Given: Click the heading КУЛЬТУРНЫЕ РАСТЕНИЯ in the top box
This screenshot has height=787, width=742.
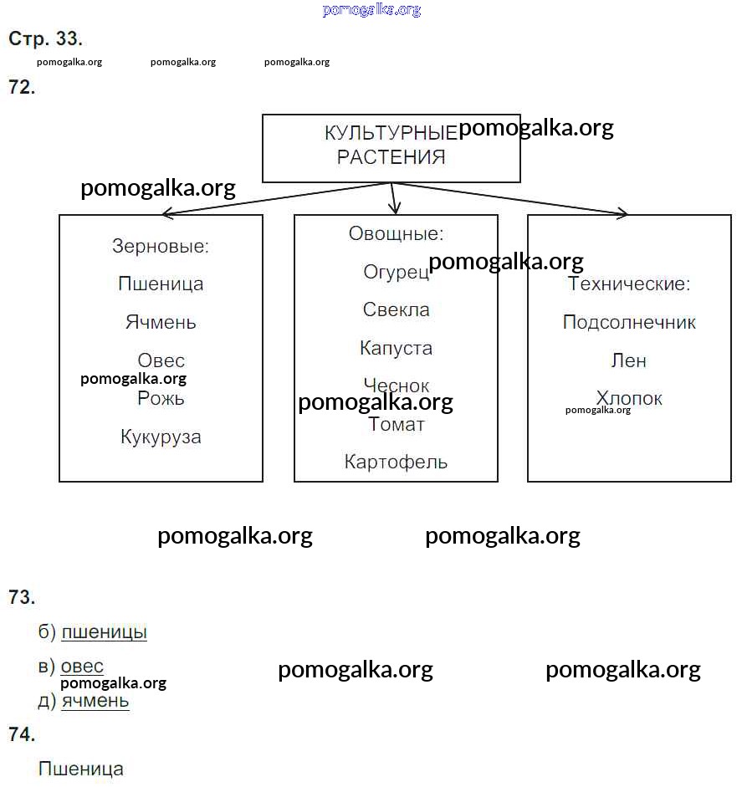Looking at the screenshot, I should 391,145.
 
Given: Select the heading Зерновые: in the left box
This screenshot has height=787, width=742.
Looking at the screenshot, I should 161,247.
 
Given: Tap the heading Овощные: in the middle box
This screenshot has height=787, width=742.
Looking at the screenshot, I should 396,234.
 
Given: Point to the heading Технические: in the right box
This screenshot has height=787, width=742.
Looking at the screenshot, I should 629,284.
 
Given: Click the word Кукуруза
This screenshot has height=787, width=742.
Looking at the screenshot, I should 161,437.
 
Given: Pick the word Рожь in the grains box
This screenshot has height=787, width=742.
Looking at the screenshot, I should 161,399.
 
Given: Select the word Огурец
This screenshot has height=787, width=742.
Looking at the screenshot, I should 396,272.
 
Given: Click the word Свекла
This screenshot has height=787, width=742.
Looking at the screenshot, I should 396,309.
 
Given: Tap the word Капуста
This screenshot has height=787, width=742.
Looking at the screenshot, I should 396,348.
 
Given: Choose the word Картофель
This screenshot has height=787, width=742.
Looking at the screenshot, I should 396,462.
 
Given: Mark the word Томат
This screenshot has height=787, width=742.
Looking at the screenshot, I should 396,425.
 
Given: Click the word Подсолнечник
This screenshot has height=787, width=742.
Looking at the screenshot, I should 629,323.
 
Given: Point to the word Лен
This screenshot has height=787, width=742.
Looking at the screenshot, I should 629,361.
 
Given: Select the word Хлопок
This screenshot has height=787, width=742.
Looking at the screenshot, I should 629,398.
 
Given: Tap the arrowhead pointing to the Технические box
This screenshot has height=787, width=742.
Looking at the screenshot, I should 622,214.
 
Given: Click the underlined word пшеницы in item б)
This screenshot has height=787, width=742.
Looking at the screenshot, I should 104,632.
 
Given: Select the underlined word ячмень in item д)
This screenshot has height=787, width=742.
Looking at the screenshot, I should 95,701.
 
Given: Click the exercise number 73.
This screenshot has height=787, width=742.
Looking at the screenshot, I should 22,597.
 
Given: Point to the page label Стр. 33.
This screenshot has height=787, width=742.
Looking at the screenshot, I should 45,38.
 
